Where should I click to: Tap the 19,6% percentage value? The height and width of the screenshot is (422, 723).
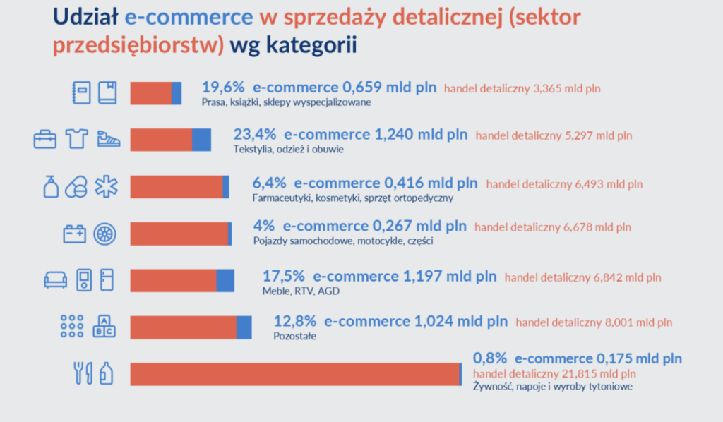[223, 88]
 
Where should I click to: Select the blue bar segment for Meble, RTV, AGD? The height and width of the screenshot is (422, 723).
[225, 280]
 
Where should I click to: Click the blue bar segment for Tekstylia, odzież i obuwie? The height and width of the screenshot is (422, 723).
[201, 140]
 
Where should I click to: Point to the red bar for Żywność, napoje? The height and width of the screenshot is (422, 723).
[294, 374]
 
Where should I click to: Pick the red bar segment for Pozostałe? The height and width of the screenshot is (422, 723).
[183, 327]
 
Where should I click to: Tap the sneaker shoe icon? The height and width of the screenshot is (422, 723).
[108, 139]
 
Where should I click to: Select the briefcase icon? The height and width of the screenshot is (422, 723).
[45, 140]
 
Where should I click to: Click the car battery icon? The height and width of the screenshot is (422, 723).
[75, 233]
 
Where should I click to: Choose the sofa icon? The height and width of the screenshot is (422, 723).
[56, 280]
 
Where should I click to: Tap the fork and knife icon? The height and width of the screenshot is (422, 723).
[83, 373]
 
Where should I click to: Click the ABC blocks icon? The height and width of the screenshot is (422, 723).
[105, 325]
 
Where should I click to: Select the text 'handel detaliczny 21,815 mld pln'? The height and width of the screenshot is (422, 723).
[554, 373]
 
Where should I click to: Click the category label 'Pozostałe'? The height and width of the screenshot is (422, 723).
[294, 337]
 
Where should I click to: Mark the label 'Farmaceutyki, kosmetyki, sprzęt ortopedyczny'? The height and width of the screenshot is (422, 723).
[352, 198]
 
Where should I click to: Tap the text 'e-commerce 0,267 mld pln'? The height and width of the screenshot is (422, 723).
[374, 227]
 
